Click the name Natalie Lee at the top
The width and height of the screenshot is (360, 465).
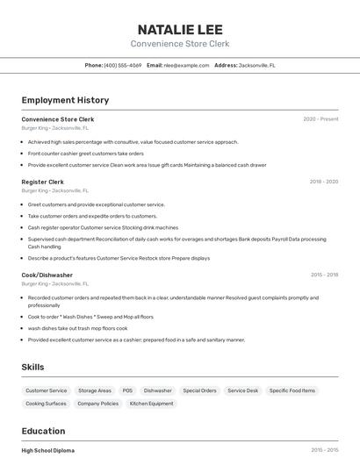(180, 29)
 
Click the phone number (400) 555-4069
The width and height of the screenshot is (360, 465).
(123, 65)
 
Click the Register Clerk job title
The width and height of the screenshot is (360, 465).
(43, 182)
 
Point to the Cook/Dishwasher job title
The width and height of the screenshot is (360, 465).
(47, 275)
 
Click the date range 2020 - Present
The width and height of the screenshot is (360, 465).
(320, 119)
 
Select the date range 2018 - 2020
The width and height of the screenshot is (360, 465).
(323, 182)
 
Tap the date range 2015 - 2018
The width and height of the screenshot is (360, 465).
(324, 275)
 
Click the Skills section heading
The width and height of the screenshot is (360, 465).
(32, 367)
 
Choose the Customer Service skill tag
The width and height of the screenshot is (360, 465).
(47, 390)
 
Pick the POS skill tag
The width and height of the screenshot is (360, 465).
(127, 390)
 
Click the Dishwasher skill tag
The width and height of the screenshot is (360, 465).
(158, 390)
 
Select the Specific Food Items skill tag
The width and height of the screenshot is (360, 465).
(292, 390)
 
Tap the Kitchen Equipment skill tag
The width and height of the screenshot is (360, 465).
(152, 404)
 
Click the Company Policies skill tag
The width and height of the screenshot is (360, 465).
(98, 404)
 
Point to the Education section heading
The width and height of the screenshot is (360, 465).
(43, 431)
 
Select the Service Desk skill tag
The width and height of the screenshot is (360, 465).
(243, 390)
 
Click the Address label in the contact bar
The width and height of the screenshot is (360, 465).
(226, 65)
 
